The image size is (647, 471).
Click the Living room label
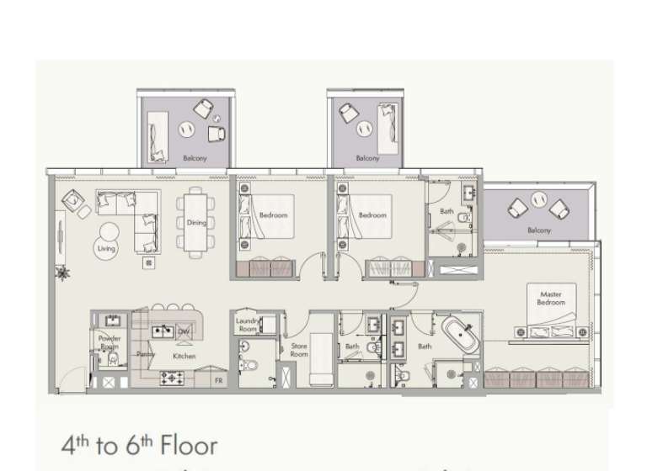pos(106,248)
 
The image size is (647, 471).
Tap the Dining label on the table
pos(196,223)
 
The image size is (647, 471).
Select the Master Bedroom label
pos(551,299)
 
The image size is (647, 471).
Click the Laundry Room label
pos(248,325)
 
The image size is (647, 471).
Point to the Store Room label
pos(299,350)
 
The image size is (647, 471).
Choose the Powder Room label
pos(110,342)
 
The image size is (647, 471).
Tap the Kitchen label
pos(184,356)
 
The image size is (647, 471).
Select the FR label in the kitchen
pos(219,380)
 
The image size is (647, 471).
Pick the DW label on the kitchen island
pos(184,331)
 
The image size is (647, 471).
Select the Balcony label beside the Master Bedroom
pos(539,230)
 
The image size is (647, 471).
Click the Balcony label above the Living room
pos(195,157)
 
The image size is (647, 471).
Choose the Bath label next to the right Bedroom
pos(446,211)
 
